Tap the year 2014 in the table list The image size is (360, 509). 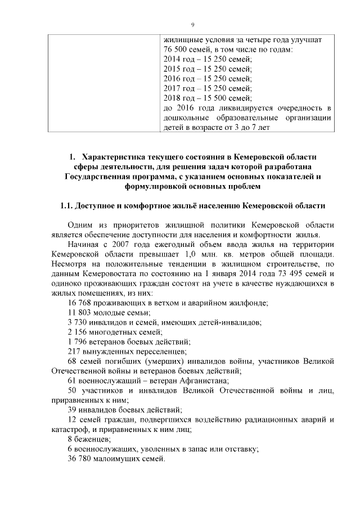point(173,59)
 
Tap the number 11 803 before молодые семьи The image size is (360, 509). point(79,312)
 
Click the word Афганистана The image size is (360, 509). point(180,380)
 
